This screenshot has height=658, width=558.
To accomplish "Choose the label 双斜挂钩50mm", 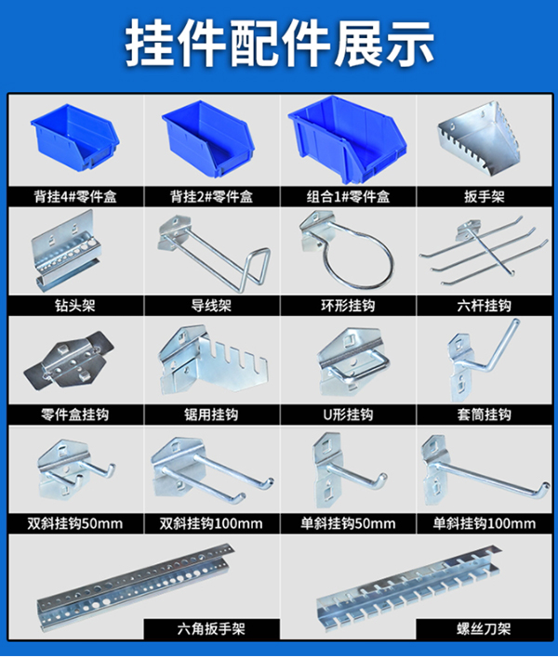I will coord(75,523).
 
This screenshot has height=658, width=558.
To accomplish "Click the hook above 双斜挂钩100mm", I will coord(209,475).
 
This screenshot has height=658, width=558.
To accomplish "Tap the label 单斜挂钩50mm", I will coord(348,523).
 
